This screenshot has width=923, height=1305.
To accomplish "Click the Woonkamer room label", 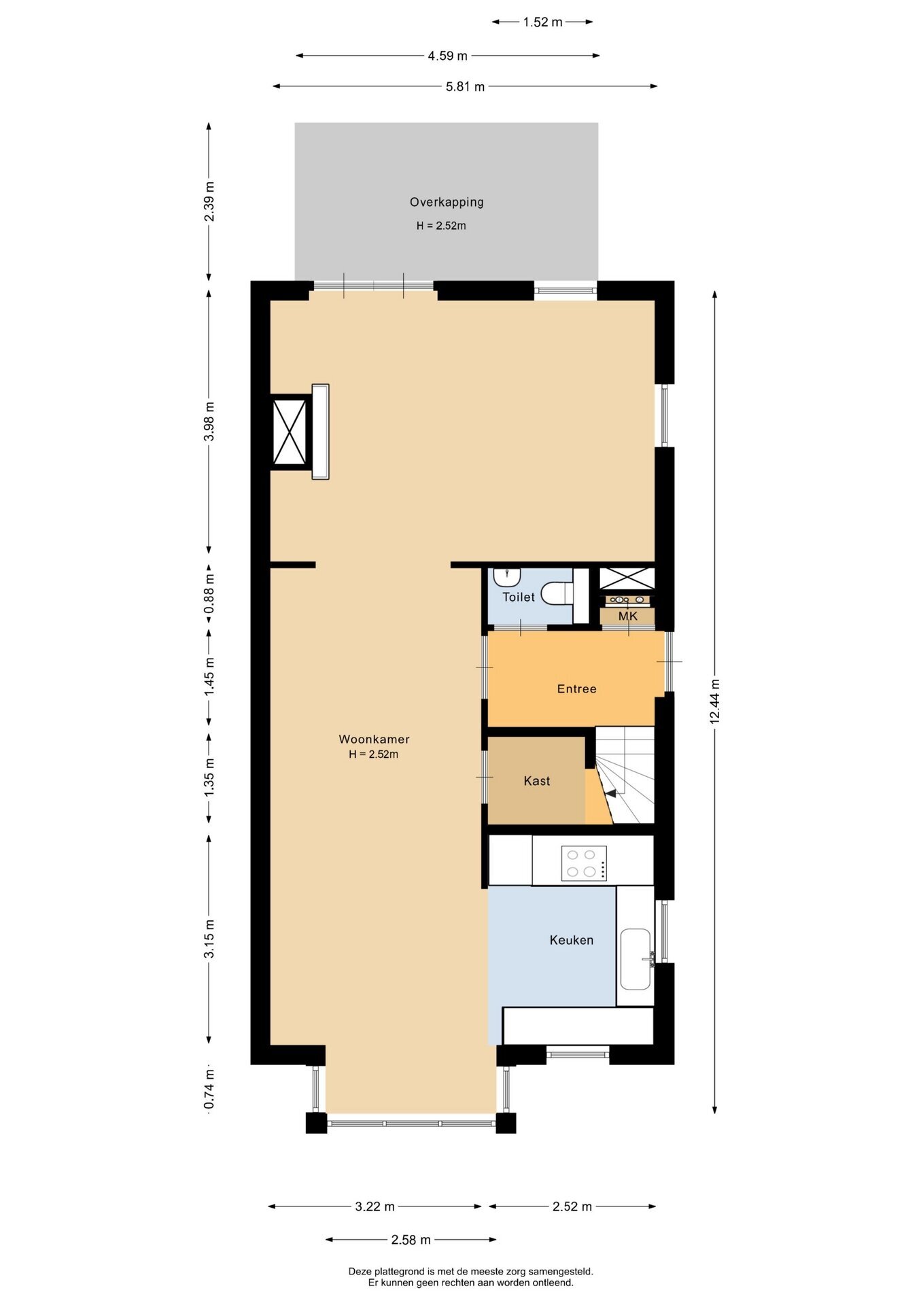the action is pyautogui.click(x=374, y=739).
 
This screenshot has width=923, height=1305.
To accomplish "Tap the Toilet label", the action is pyautogui.click(x=519, y=597).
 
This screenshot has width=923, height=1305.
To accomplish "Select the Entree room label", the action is pyautogui.click(x=576, y=689).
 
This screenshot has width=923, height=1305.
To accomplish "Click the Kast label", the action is pyautogui.click(x=536, y=781).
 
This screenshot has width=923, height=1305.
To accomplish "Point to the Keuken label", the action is pyautogui.click(x=571, y=940).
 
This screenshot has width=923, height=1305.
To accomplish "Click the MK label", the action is pyautogui.click(x=627, y=616).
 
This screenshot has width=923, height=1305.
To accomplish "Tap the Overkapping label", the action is pyautogui.click(x=447, y=202).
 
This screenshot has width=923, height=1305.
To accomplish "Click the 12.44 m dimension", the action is pyautogui.click(x=714, y=701).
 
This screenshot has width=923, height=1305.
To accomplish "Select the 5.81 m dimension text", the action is pyautogui.click(x=466, y=86).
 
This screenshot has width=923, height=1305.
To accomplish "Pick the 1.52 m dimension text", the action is pyautogui.click(x=542, y=22).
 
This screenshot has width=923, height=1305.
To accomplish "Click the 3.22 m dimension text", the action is pyautogui.click(x=375, y=1206).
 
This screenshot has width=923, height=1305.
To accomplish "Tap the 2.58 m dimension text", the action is pyautogui.click(x=411, y=1240).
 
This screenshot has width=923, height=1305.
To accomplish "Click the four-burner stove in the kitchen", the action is pyautogui.click(x=584, y=863).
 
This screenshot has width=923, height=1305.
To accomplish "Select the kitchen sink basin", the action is pyautogui.click(x=635, y=959).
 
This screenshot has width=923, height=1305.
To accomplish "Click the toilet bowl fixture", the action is pyautogui.click(x=557, y=593).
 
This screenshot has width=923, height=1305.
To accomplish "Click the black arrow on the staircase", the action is pyautogui.click(x=610, y=793).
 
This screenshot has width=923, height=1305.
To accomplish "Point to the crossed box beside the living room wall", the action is pyautogui.click(x=290, y=432).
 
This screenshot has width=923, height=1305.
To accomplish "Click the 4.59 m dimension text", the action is pyautogui.click(x=447, y=56).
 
